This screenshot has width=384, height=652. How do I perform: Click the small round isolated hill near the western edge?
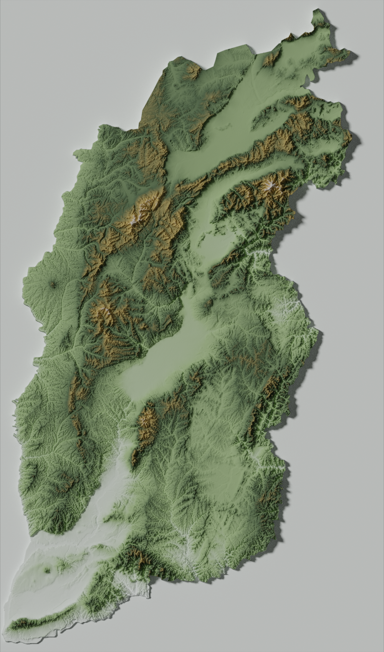[x=53, y=285]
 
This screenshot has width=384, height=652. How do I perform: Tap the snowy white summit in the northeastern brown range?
[x=271, y=186]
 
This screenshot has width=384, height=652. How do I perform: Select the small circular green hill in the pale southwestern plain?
[x=48, y=570]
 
